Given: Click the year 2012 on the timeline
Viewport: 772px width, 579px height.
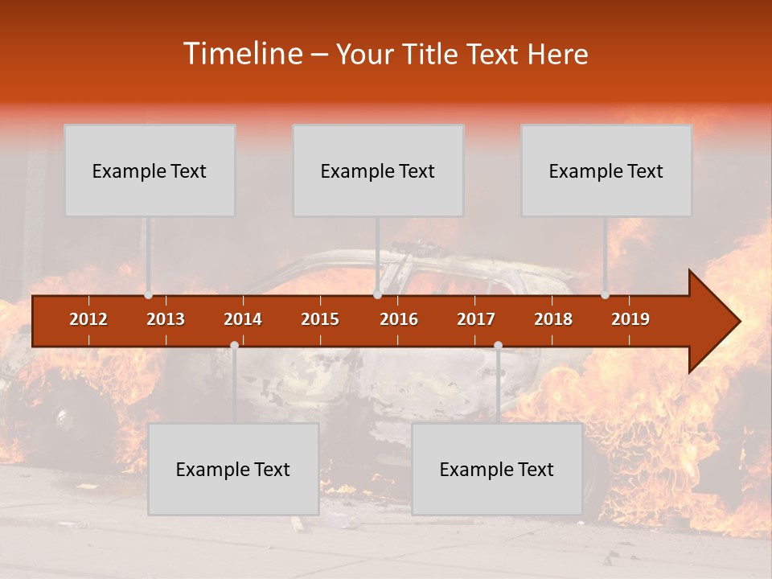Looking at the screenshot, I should [x=88, y=319].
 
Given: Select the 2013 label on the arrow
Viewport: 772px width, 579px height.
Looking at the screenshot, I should [x=166, y=319].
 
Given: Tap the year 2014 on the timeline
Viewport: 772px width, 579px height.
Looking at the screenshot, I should [x=243, y=319].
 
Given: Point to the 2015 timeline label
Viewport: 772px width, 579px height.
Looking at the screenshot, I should [x=320, y=319].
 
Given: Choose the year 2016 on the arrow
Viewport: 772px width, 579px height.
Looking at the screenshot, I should [x=399, y=319].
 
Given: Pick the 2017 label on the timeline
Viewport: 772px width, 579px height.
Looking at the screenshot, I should [x=476, y=319].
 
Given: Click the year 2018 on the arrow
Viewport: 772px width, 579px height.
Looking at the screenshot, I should [x=553, y=319].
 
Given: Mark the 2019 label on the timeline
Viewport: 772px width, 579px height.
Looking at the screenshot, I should [x=630, y=319].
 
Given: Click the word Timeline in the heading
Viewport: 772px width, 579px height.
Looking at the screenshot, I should [x=241, y=54].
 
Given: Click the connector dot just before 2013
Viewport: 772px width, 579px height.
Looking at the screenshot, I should [x=148, y=295].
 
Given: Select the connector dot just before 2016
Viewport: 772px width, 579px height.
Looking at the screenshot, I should [x=377, y=295].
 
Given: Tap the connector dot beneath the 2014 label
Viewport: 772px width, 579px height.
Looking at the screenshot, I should [x=234, y=345].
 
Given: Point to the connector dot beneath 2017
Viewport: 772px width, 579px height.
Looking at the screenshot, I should [x=498, y=345].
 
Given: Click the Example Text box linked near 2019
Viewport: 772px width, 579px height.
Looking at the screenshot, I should [x=606, y=170].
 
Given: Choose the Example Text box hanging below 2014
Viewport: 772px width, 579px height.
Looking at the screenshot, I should [x=233, y=469].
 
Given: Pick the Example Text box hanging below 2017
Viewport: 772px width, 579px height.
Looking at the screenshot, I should [x=497, y=469].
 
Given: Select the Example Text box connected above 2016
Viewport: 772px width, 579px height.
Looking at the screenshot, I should [x=378, y=170].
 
